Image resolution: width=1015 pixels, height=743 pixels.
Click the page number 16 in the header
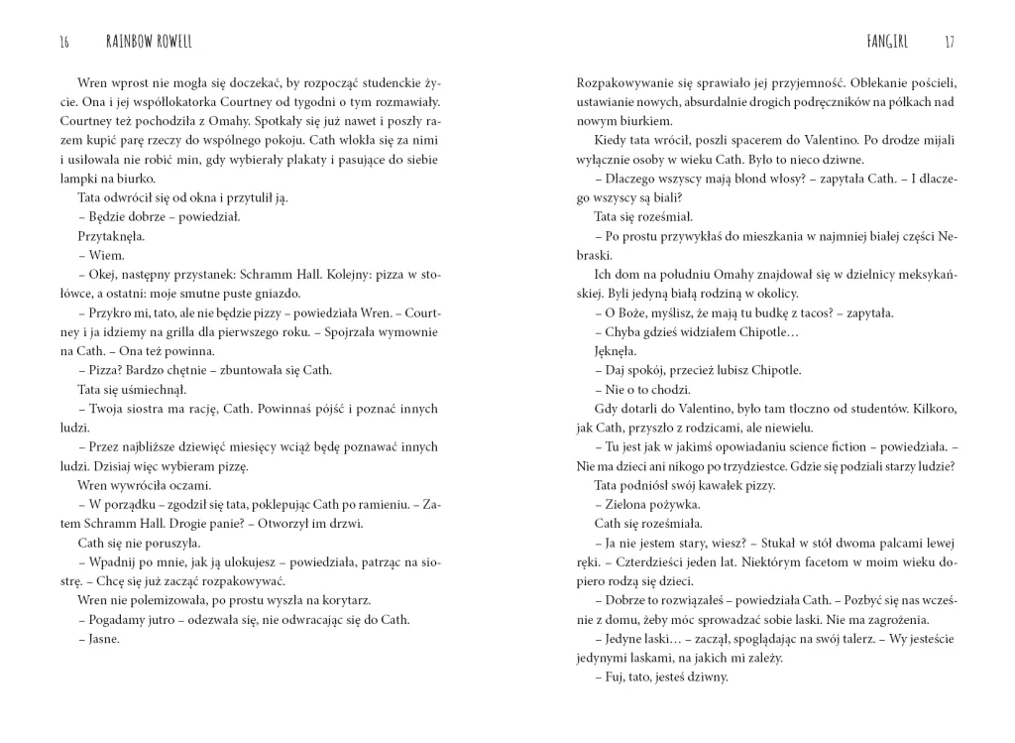pyautogui.click(x=64, y=42)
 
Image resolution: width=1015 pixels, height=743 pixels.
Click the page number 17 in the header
pyautogui.click(x=950, y=42)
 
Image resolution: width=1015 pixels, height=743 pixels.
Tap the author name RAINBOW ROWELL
pyautogui.click(x=150, y=42)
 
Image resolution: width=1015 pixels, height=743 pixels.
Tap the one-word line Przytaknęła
pyautogui.click(x=111, y=236)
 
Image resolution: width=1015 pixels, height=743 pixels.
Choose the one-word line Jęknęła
pyautogui.click(x=616, y=351)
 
